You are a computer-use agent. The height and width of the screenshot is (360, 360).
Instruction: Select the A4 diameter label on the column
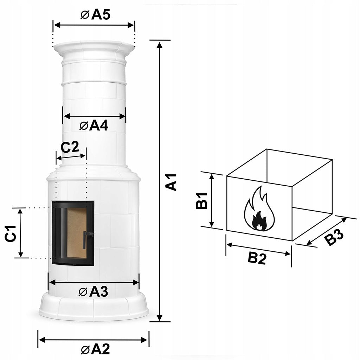pos(94,126)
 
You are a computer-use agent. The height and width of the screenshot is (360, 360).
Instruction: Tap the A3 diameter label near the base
pos(93,292)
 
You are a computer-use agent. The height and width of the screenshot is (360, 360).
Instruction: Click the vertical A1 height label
pos(171,182)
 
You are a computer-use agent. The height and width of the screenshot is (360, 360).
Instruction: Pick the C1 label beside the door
pos(11,233)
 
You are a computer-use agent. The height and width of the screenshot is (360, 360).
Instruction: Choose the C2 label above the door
pos(70,147)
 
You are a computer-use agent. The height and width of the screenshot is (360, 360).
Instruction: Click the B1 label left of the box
pos(202,201)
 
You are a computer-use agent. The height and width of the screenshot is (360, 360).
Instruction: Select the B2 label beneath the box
pos(257,258)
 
